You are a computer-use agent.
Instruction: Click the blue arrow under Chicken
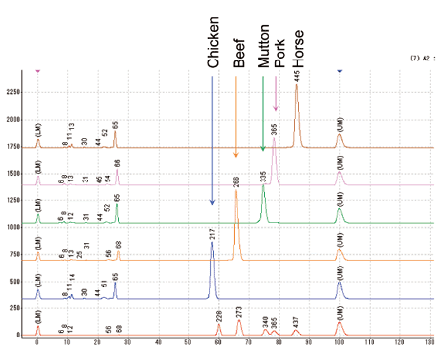point(212,139)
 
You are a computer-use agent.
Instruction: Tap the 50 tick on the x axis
point(188,343)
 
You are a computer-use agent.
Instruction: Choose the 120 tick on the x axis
point(399,343)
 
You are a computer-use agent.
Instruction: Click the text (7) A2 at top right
point(420,60)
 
